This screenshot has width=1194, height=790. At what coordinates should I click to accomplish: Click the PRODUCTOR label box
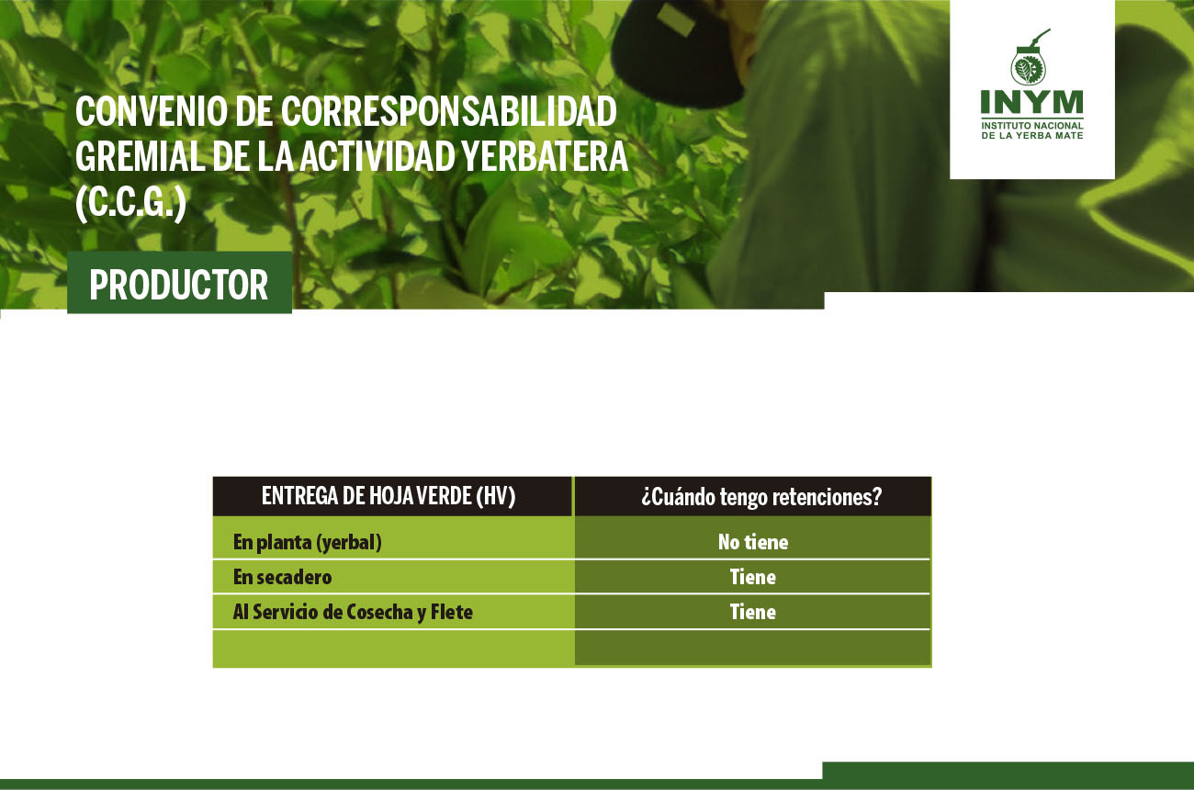[x=179, y=283]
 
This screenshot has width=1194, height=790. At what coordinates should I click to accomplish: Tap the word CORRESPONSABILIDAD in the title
[x=449, y=111]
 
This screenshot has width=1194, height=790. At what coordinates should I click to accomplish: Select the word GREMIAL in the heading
[x=140, y=156]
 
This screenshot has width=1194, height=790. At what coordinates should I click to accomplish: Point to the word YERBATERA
[x=545, y=156]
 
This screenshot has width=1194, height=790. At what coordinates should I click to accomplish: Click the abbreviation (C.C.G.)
[x=131, y=203]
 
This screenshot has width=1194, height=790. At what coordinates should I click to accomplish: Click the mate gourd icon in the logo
[x=1030, y=58]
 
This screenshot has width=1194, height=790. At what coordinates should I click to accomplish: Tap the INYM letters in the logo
[x=1032, y=102]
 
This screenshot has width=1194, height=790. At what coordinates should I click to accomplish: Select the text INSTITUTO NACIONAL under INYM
[x=1032, y=125]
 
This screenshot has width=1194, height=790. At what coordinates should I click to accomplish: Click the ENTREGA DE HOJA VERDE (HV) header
[x=389, y=496]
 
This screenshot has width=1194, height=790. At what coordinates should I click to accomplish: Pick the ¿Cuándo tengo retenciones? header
[x=761, y=497]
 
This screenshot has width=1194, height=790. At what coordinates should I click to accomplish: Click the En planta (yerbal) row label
[x=308, y=542]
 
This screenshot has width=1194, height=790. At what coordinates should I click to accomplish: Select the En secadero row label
[x=283, y=577]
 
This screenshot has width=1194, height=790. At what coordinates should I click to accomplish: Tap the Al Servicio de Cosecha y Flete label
[x=353, y=612]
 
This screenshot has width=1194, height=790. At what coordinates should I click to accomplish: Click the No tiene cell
[x=752, y=542]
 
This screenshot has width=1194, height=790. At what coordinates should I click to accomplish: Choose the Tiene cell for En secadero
[x=752, y=577]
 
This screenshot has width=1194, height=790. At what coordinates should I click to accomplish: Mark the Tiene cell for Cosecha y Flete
[x=752, y=612]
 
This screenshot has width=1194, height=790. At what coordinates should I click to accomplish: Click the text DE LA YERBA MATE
[x=1032, y=136]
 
